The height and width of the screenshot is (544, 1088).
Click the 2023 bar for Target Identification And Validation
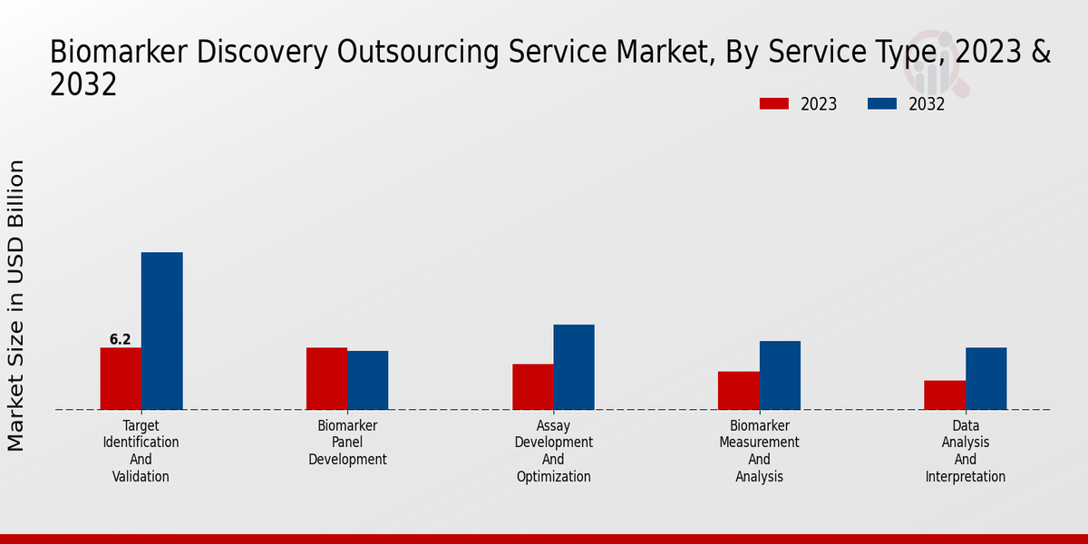pyautogui.click(x=121, y=378)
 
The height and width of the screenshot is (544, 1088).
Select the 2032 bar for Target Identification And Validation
pyautogui.click(x=161, y=331)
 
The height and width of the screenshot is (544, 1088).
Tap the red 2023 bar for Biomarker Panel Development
pyautogui.click(x=326, y=378)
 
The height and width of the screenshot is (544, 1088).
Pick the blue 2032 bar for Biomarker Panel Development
pyautogui.click(x=367, y=380)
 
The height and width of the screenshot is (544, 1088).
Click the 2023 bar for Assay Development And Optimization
pyautogui.click(x=532, y=386)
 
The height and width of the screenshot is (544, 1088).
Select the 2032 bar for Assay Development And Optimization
pyautogui.click(x=574, y=367)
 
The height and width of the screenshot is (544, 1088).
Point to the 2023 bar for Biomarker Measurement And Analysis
pyautogui.click(x=738, y=390)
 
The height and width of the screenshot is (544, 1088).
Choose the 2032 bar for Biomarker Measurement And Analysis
pyautogui.click(x=780, y=375)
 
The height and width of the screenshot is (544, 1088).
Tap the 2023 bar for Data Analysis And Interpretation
pyautogui.click(x=945, y=394)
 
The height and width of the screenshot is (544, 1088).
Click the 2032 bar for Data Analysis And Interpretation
pyautogui.click(x=986, y=378)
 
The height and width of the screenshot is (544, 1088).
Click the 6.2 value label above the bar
pyautogui.click(x=121, y=340)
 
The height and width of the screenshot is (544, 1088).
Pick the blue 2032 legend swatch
pyautogui.click(x=881, y=104)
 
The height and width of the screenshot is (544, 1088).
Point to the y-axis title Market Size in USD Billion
pyautogui.click(x=16, y=306)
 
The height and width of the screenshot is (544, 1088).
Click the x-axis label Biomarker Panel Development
pyautogui.click(x=347, y=442)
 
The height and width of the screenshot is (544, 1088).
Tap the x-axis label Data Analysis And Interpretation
pyautogui.click(x=965, y=451)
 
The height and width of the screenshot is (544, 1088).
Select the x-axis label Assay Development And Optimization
pyautogui.click(x=553, y=451)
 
